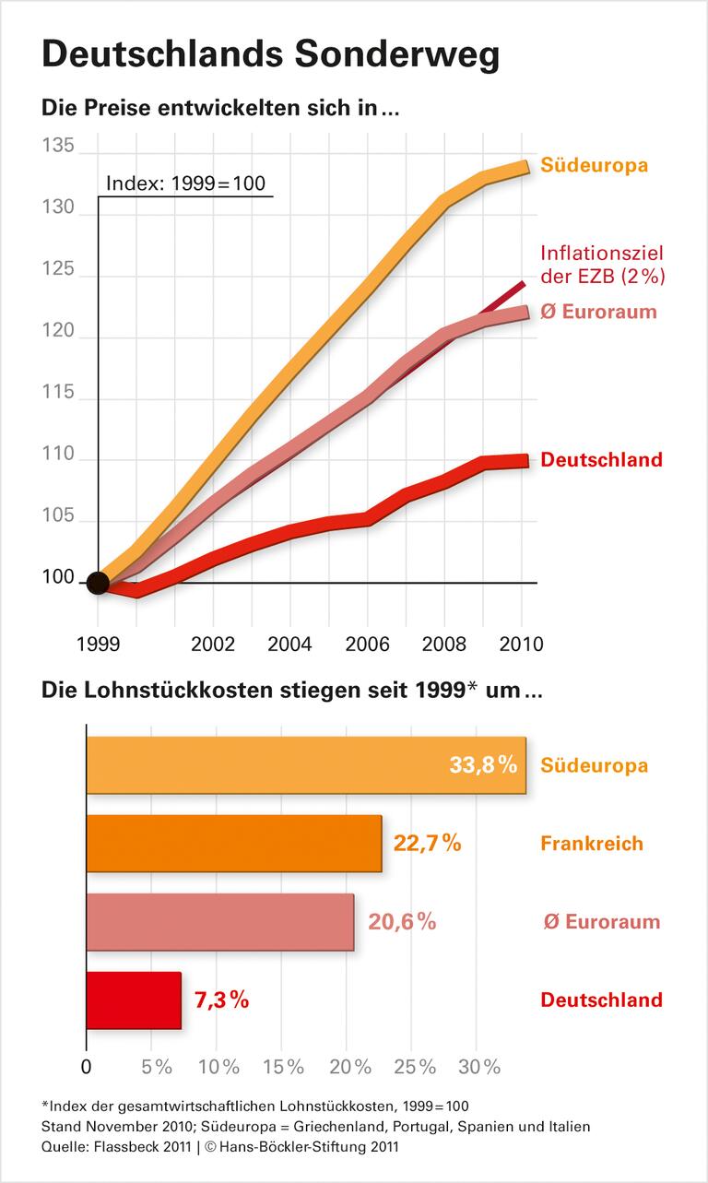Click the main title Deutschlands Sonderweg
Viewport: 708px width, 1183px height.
[270, 56]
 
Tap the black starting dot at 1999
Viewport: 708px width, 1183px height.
[97, 583]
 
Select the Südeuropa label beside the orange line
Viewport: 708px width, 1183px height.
[594, 166]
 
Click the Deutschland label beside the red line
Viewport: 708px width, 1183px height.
[601, 459]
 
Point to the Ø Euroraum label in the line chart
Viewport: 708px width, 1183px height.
[599, 312]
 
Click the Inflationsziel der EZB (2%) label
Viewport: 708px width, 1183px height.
[602, 264]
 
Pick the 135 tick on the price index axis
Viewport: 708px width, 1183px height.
[57, 148]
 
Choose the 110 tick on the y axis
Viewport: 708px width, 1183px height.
[57, 459]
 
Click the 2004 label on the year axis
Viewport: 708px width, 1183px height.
[289, 643]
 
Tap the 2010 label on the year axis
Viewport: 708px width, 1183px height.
[521, 643]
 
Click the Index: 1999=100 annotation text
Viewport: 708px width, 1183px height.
[185, 183]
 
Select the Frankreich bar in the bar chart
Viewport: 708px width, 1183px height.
[233, 843]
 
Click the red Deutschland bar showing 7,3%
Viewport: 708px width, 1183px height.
[134, 1000]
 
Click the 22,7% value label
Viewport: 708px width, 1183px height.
[427, 843]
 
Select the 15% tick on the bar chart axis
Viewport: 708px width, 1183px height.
[283, 1067]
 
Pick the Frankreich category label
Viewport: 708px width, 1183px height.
[592, 844]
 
